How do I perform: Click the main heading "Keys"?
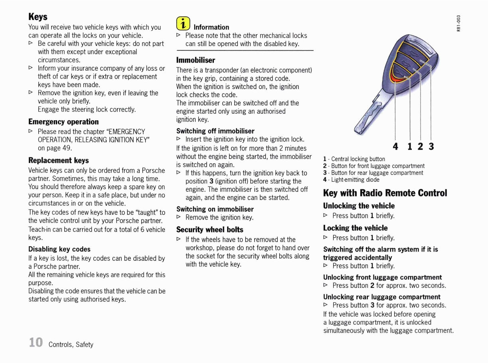click(38, 17)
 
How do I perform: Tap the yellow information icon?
click(183, 24)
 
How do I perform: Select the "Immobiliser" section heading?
click(196, 60)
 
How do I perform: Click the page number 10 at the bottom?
click(36, 342)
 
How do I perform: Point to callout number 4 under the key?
click(395, 147)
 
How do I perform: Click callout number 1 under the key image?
click(410, 147)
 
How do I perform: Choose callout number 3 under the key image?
click(431, 147)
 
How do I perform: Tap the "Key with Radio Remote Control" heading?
click(385, 193)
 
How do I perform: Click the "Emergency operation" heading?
click(63, 122)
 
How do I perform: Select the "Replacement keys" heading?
click(59, 161)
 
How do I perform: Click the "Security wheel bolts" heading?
click(210, 230)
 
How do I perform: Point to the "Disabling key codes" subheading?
click(59, 249)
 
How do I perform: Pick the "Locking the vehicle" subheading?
click(355, 228)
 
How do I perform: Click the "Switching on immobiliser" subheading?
click(215, 209)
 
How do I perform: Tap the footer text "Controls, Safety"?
click(71, 344)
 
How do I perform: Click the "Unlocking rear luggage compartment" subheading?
click(382, 297)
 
